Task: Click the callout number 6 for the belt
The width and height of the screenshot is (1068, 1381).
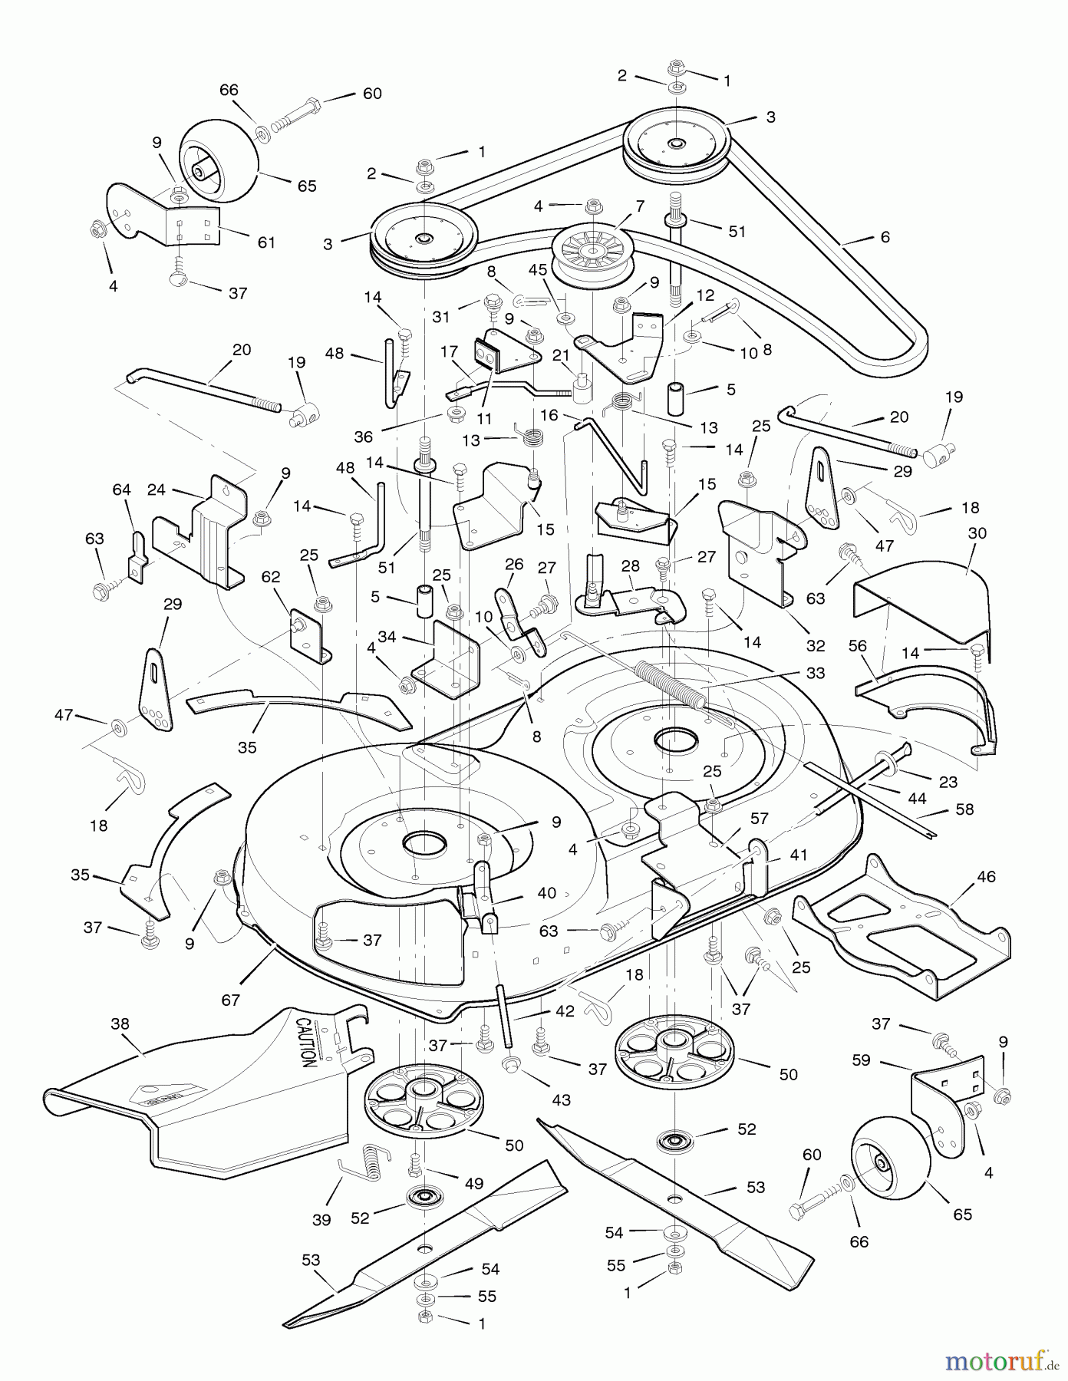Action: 885,237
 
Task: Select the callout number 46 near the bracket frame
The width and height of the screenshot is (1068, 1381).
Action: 986,876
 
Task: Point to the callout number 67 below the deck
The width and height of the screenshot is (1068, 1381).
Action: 231,1000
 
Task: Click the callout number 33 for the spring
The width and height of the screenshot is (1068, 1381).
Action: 816,672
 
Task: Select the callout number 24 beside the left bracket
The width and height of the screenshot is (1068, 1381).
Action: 156,489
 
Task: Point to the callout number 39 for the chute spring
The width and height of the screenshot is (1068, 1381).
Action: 321,1219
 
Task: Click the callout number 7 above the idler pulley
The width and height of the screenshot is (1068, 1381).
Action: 640,206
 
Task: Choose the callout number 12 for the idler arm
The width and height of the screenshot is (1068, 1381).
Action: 705,295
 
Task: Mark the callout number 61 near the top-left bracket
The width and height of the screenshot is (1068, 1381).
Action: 266,242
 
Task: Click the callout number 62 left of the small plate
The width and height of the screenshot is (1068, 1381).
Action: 271,576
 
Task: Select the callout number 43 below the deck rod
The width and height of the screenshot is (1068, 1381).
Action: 561,1099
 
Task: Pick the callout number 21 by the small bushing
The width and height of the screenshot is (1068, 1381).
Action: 561,355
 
